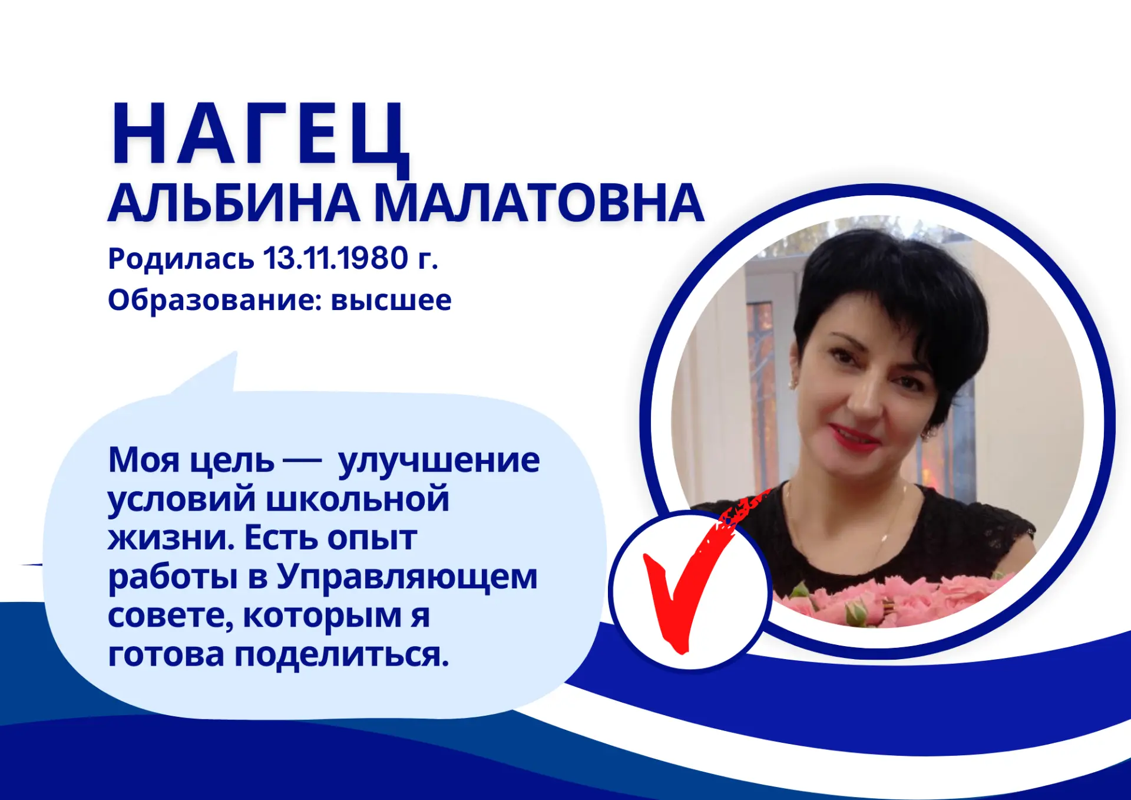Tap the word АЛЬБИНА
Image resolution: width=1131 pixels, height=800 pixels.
(x=234, y=203)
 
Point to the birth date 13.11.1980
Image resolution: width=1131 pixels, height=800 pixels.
(x=336, y=258)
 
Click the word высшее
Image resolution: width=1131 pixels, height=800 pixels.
(x=391, y=301)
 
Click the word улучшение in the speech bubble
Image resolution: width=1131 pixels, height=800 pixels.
(x=439, y=460)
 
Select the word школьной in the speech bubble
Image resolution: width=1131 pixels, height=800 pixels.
(x=358, y=499)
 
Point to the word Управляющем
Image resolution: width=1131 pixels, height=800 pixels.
(x=407, y=577)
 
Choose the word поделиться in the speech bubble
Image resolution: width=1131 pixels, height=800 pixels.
(x=342, y=654)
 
